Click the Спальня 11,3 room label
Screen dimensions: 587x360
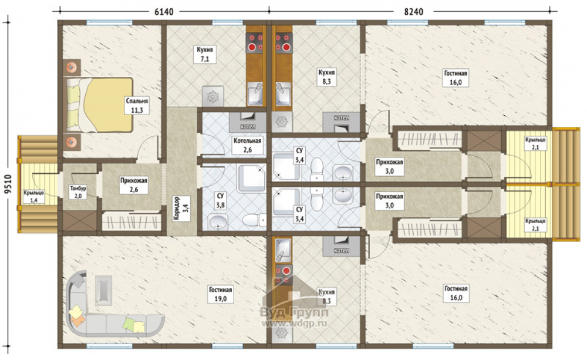(137, 105)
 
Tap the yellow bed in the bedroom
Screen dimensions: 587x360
(100, 105)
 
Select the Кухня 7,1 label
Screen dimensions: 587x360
(205, 54)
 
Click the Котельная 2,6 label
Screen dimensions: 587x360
(248, 145)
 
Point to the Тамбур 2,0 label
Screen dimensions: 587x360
(78, 192)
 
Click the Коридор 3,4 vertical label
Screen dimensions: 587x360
(182, 209)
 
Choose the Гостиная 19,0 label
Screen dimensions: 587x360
(221, 294)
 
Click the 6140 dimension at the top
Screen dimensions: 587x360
(164, 12)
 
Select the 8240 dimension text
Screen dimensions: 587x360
(413, 12)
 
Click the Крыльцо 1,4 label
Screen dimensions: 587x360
(33, 196)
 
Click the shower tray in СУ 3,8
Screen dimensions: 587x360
(252, 178)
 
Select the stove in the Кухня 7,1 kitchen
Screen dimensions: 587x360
(255, 42)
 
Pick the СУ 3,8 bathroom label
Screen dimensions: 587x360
(220, 200)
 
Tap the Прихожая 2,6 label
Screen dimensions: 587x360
(134, 185)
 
